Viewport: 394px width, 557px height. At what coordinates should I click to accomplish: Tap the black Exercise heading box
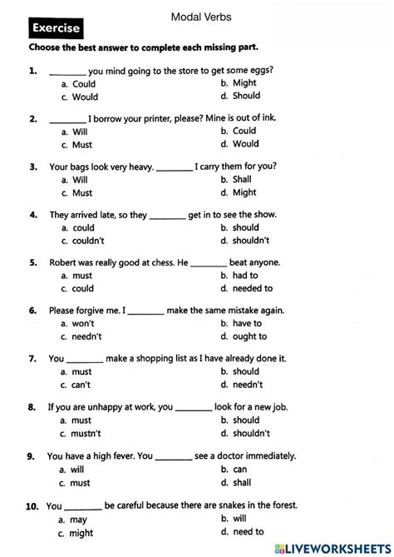[x=56, y=29]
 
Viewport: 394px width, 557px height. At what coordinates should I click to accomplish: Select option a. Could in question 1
[x=79, y=84]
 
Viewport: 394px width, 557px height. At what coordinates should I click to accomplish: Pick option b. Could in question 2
[x=239, y=131]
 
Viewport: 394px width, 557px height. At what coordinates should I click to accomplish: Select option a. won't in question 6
[x=78, y=323]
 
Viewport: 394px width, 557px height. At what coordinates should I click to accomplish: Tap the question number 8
[x=31, y=408]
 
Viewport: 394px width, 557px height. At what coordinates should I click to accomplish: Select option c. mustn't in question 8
[x=81, y=433]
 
